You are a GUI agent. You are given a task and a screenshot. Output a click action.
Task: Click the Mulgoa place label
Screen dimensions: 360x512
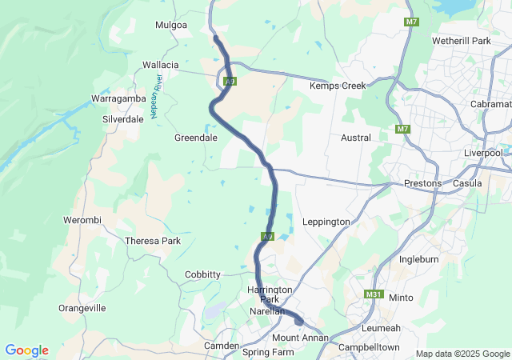pyautogui.click(x=171, y=25)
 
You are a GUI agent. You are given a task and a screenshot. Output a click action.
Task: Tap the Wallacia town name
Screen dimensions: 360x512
pyautogui.click(x=160, y=65)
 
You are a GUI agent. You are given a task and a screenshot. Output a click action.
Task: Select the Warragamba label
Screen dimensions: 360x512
pyautogui.click(x=117, y=98)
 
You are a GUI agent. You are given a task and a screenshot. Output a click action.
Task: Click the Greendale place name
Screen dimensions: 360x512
pyautogui.click(x=196, y=138)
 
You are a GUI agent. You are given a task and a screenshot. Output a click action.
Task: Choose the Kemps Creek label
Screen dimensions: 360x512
pyautogui.click(x=338, y=86)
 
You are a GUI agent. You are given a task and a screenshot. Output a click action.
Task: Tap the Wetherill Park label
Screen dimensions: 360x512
pyautogui.click(x=460, y=40)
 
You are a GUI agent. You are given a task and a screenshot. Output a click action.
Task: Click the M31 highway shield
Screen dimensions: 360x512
pyautogui.click(x=373, y=294)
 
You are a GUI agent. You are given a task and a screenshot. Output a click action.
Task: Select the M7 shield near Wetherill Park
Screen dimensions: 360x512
pyautogui.click(x=411, y=22)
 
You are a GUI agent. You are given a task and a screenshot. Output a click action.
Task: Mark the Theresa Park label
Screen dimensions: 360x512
pyautogui.click(x=153, y=241)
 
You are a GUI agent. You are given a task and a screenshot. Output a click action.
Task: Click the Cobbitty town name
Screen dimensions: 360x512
pyautogui.click(x=202, y=274)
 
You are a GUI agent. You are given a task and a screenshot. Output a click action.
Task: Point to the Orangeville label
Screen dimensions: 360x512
pyautogui.click(x=82, y=308)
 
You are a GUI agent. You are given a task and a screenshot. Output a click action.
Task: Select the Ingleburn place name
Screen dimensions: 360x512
pyautogui.click(x=421, y=259)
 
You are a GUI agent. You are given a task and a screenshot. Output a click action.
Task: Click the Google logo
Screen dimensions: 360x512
pyautogui.click(x=26, y=350)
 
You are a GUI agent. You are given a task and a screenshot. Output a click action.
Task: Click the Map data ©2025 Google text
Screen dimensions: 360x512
pyautogui.click(x=462, y=354)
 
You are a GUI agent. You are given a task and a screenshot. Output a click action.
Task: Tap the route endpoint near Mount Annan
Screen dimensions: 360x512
pyautogui.click(x=299, y=322)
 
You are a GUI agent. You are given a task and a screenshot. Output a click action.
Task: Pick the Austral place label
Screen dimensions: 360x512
pyautogui.click(x=356, y=138)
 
